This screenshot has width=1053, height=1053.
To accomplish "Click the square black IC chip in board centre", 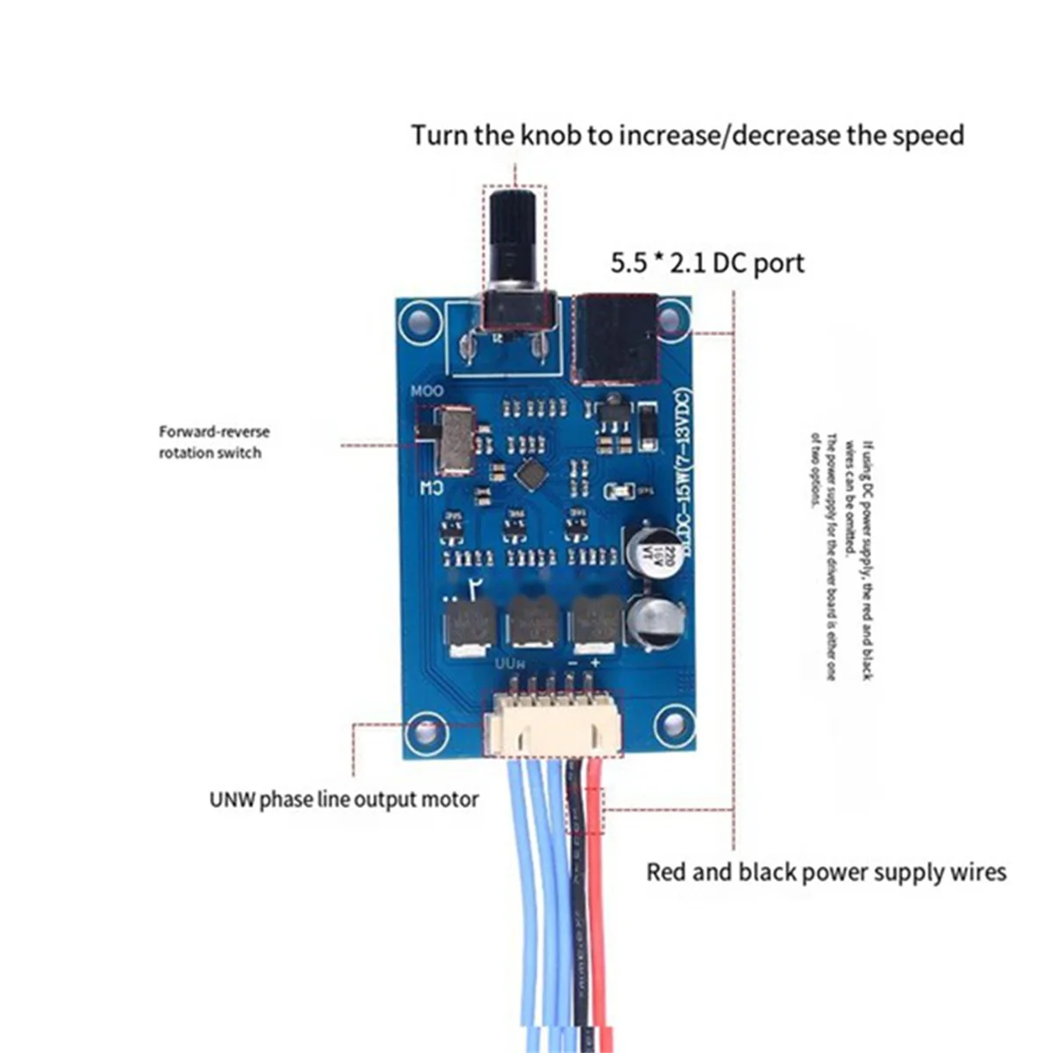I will [529, 474].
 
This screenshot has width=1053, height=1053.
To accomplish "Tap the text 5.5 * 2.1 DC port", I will [707, 262].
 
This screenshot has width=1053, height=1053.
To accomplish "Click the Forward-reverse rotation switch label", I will [213, 442].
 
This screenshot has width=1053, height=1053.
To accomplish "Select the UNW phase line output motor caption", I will [344, 799].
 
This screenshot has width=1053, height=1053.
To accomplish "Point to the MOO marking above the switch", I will [427, 390].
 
